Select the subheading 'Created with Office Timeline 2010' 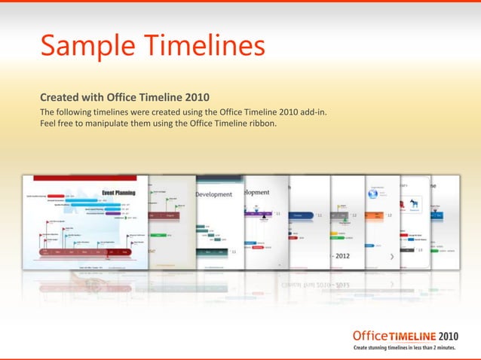[x=124, y=97]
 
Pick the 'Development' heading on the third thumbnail [x=214, y=194]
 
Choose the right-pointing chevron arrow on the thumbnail [x=391, y=257]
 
